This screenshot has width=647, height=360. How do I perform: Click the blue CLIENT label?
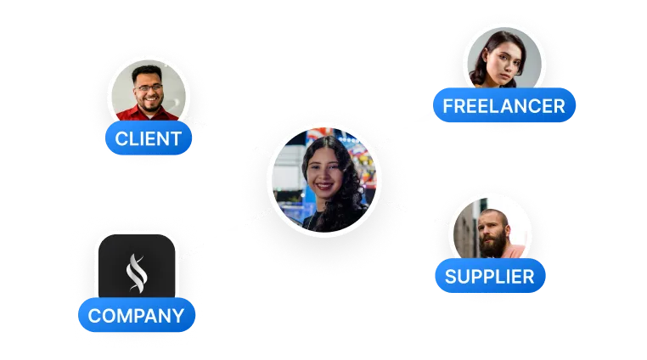coord(148,138)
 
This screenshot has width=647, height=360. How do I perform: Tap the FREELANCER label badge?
coord(504,106)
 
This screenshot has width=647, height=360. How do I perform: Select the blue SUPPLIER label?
coord(490,276)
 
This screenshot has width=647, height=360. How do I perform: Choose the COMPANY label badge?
coord(136,317)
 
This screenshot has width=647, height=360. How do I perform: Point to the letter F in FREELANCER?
coord(448,106)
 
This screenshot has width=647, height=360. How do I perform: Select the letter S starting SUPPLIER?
coord(452,276)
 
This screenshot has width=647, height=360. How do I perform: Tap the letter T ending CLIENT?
coord(176,138)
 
